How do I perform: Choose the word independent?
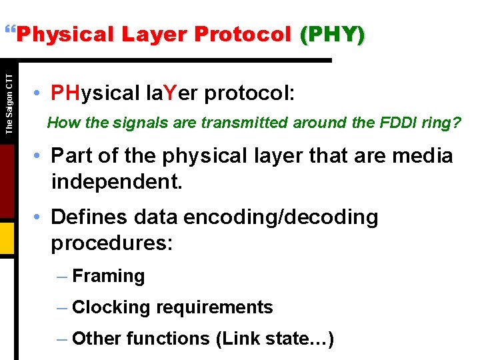116,181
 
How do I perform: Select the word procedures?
112,243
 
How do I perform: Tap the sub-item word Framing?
108,276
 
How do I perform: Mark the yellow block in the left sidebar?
7,238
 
